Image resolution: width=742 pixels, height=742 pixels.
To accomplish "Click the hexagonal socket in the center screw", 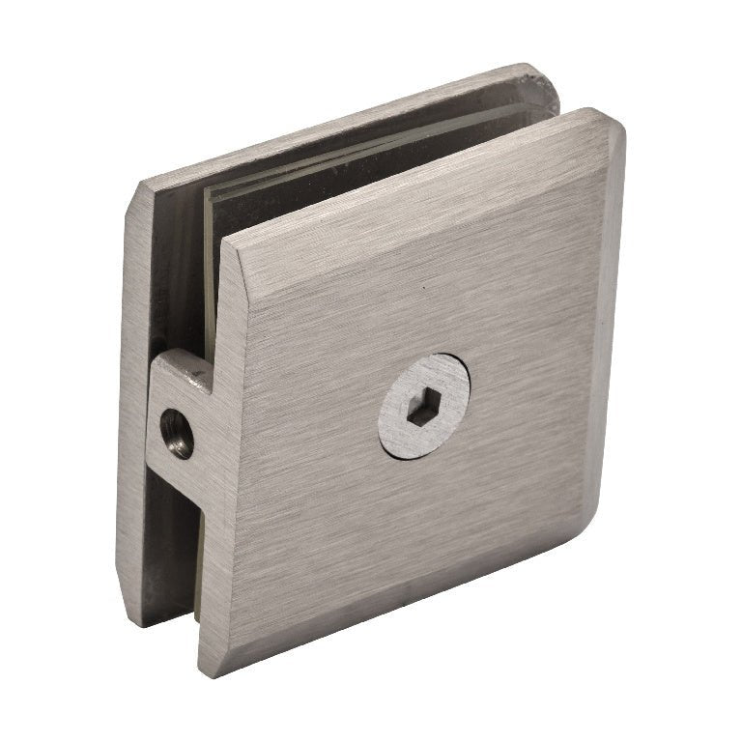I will coord(422,411).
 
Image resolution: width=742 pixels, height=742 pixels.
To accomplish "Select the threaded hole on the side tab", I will coord(175,432).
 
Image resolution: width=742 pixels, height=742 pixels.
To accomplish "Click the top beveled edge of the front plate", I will coord(415,184).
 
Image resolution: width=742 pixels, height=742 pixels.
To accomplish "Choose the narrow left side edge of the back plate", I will coord(133,406).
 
